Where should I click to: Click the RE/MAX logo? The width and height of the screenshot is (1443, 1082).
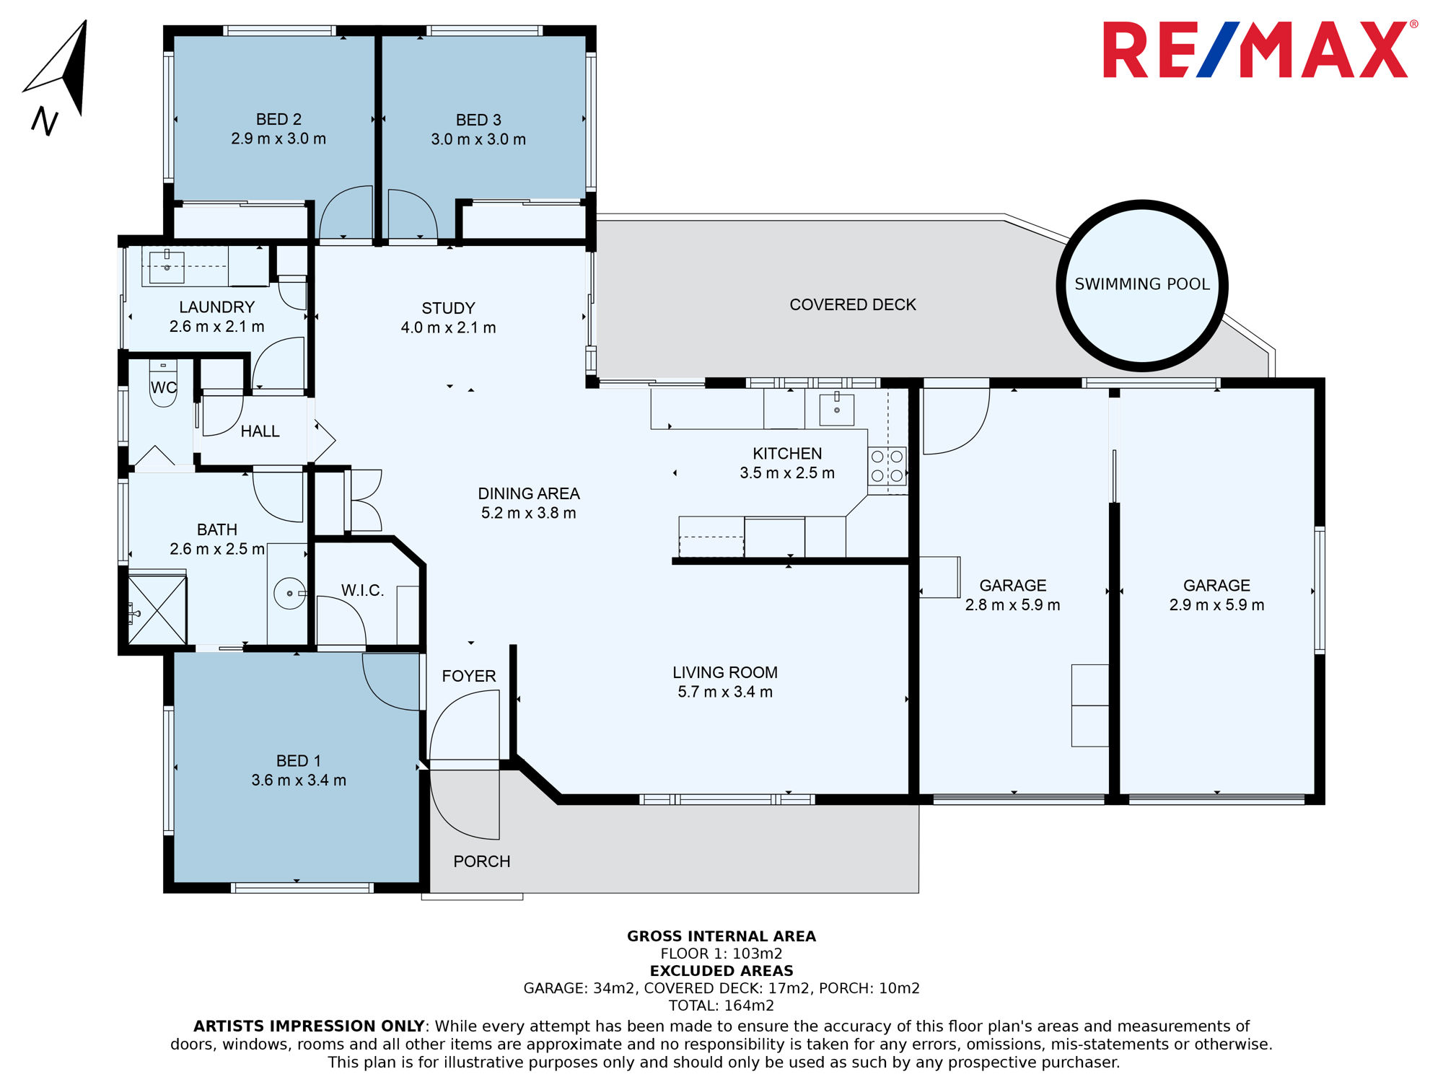coord(1260,50)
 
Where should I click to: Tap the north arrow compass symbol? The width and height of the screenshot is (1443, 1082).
coord(58,76)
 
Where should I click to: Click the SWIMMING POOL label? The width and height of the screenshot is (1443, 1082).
coord(1142,284)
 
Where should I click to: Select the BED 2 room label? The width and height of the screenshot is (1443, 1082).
coord(278,119)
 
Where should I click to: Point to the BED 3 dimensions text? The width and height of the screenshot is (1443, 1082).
coord(478,139)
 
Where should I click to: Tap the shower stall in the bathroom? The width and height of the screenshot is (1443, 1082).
coord(157,608)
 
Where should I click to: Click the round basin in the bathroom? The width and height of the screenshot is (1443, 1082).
coord(290,593)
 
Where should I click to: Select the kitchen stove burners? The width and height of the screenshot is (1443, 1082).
coord(887,466)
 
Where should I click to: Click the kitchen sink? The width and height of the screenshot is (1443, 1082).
coord(837,409)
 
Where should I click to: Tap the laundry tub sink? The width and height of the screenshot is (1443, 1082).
coord(167,266)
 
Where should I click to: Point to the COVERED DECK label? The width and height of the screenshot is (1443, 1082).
coord(853,304)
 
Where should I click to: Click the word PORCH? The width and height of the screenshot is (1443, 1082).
coord(482,861)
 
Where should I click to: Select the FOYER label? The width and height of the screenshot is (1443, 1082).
coord(469,676)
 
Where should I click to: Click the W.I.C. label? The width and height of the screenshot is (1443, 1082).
coord(362,590)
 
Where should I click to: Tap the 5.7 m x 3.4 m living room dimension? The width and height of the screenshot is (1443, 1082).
coord(725,692)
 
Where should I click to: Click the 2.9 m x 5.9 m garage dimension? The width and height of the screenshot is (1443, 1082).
coord(1216,604)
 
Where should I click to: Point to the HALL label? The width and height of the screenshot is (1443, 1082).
coord(260,431)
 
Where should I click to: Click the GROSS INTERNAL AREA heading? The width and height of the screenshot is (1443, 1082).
coord(721,936)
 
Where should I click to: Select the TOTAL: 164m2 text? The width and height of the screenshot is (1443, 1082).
coord(721,1006)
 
